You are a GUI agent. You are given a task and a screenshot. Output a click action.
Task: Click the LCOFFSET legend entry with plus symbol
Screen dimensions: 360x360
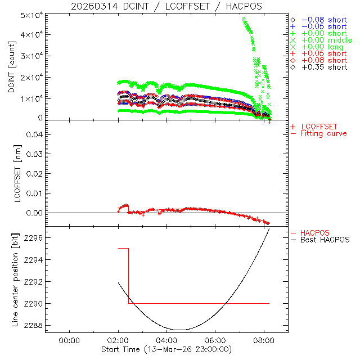click(x=318, y=126)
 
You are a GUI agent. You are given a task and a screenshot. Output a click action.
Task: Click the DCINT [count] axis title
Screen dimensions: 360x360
click(x=11, y=65)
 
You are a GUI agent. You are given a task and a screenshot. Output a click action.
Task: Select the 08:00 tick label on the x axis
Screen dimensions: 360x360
click(x=264, y=340)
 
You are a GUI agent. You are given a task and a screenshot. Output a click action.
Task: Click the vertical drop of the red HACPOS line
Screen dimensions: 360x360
click(x=129, y=276)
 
